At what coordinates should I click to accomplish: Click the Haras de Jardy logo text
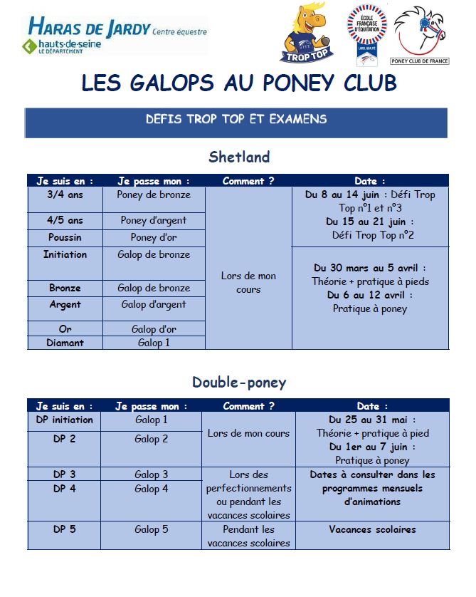tap(88, 29)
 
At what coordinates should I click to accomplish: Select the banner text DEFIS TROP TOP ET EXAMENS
tap(236, 120)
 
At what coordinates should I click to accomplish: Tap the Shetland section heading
tap(239, 157)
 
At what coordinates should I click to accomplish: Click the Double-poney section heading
tap(239, 383)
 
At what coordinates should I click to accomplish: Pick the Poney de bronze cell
tap(154, 194)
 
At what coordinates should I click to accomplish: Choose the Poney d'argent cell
tap(154, 221)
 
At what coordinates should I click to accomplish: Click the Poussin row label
tap(65, 237)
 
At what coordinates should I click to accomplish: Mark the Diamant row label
tap(65, 343)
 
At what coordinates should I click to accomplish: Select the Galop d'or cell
tap(154, 329)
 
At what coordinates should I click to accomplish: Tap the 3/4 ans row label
tap(65, 194)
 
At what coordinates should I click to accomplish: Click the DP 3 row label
tap(65, 474)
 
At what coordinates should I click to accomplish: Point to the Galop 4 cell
tap(152, 489)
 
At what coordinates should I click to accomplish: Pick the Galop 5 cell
tap(152, 529)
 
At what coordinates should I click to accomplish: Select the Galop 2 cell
tap(152, 439)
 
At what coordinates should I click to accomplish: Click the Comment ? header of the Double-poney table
tap(248, 406)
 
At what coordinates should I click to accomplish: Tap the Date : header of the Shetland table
tap(370, 181)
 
